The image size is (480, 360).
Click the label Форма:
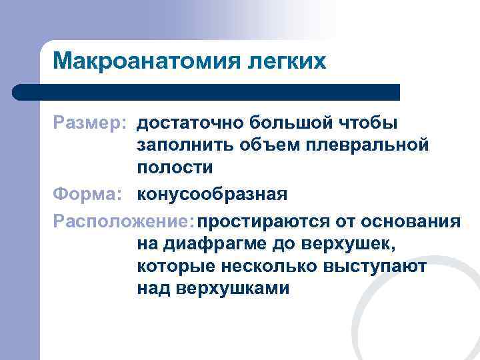pos(88,195)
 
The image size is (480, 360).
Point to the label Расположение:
pos(127,220)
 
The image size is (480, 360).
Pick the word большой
pos(288,123)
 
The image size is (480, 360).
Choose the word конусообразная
pos(213,195)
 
